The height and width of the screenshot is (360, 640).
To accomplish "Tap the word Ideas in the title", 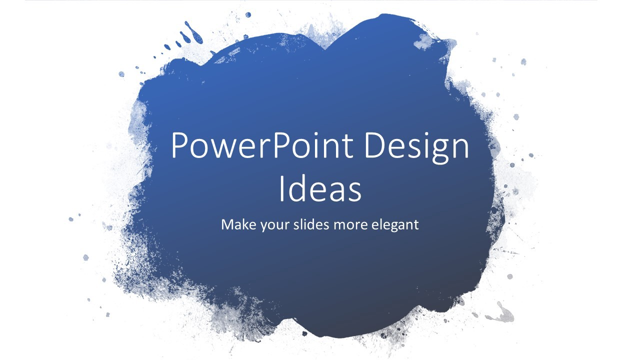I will click(320, 188).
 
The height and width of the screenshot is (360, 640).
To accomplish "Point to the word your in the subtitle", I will click(274, 225).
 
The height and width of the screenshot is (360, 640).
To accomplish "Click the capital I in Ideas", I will click(281, 188).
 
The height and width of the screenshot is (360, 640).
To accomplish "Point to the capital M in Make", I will click(228, 224).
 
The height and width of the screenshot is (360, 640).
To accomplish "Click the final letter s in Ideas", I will click(354, 192).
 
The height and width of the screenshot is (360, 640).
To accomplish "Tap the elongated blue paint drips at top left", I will click(193, 32).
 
